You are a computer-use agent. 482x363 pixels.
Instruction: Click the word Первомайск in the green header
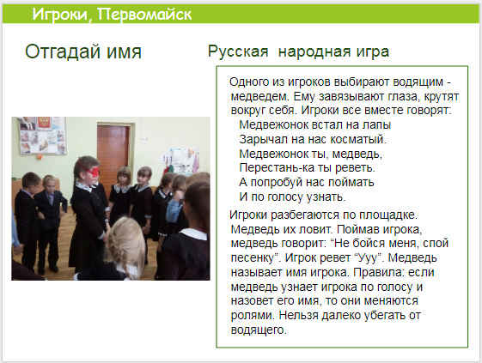pos(144,15)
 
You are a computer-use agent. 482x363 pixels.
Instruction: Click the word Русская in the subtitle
pos(238,51)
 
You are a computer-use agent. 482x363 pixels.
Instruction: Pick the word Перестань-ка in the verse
pos(273,167)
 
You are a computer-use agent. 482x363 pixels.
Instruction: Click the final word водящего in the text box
pos(259,330)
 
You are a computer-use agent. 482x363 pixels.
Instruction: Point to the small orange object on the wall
pos(40,157)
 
